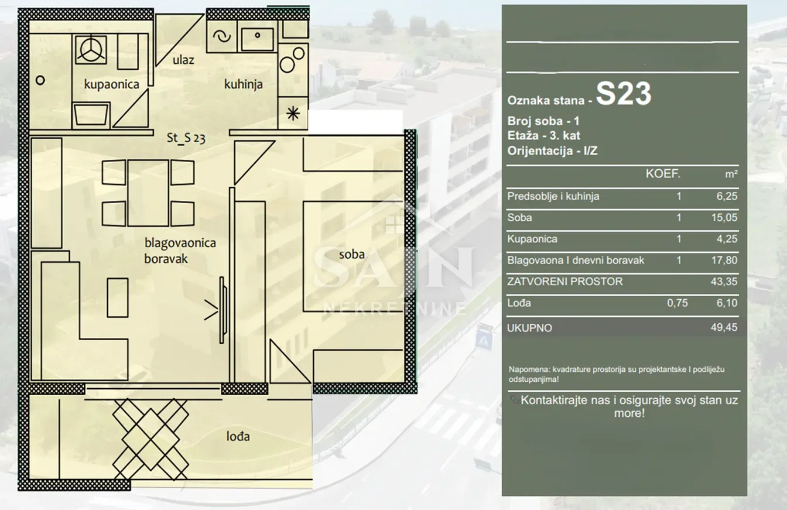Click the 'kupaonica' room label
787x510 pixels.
pos(112,84)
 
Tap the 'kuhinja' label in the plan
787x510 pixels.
pos(244,84)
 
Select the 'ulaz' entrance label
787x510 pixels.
pos(183,60)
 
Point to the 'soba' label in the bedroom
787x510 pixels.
pos(352,254)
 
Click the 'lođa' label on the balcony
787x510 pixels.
pos(238,437)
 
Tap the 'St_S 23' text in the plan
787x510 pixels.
pos(186,138)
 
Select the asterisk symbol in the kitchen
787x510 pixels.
pos(293,114)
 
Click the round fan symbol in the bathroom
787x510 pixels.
pos(91,50)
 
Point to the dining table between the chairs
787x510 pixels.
pos(148,193)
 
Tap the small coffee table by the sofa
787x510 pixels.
pos(118,298)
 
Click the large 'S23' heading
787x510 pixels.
pos(624,94)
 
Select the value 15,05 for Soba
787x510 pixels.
pos(724,217)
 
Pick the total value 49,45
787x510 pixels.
pos(724,327)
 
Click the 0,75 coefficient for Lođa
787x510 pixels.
pos(677,303)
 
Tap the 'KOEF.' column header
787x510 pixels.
pos(663,174)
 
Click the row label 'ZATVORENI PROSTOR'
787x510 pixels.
pos(565,282)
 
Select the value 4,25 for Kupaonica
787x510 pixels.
pos(727,239)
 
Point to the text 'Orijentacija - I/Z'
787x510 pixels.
pos(552,151)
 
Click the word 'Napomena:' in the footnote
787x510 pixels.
pos(529,369)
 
